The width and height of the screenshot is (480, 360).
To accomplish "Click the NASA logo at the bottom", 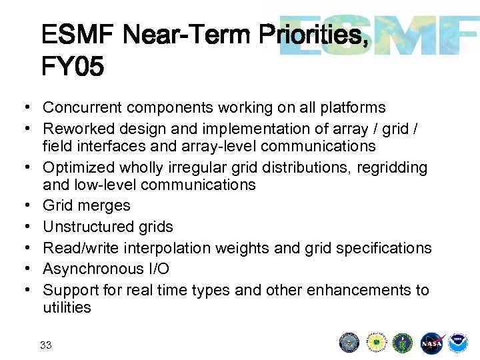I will (431, 343).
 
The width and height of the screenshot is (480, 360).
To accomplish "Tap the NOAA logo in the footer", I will (457, 343).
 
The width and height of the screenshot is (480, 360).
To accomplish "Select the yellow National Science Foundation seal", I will (377, 343).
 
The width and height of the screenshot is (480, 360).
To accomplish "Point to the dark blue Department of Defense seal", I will (350, 343).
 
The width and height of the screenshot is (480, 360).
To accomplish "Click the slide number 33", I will (46, 345).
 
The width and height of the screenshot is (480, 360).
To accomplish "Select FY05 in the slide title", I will (72, 67).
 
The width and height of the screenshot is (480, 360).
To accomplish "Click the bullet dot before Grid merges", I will (23, 206).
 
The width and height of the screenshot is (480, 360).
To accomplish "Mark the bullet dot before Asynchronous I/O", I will (23, 269).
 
